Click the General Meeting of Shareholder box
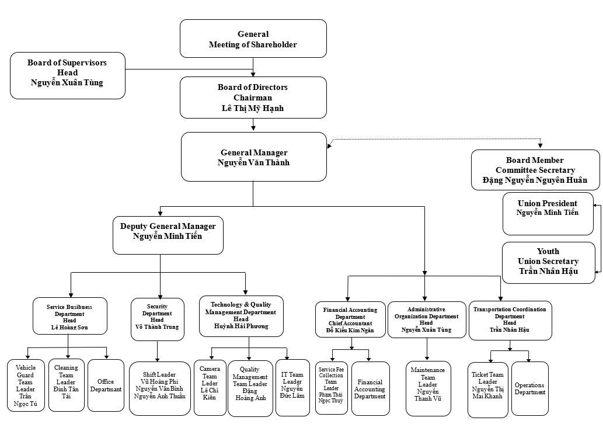(253, 39)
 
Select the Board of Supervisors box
(68, 76)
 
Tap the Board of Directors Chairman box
(253, 98)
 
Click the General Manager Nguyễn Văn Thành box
(254, 157)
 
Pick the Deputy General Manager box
(168, 235)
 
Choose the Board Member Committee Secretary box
(535, 170)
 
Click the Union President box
(548, 214)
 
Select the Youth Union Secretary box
(549, 263)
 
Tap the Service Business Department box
(70, 316)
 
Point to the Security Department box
(158, 319)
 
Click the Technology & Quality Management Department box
(241, 317)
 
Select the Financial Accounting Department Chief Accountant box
(350, 320)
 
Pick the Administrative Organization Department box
(427, 320)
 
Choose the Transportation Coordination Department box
(510, 321)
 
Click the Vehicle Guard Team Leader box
(26, 385)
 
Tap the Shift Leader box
(160, 389)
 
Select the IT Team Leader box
(292, 388)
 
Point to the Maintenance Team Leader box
(428, 389)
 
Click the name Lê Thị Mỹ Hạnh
(253, 109)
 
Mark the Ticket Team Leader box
(488, 390)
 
